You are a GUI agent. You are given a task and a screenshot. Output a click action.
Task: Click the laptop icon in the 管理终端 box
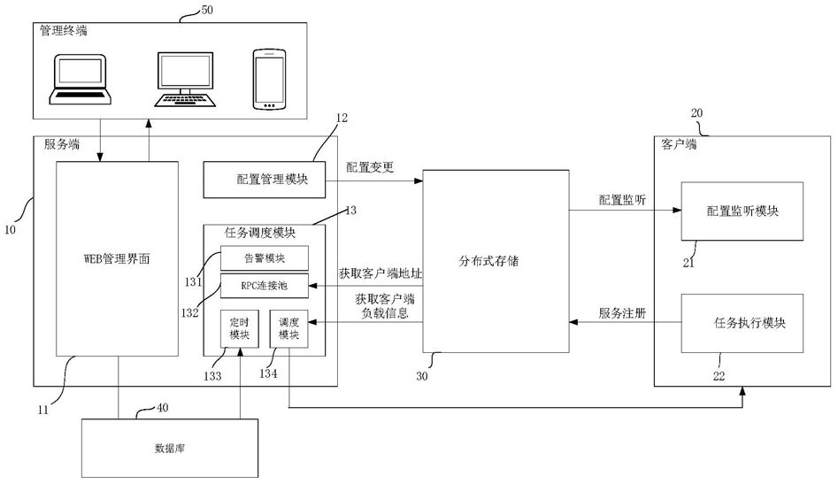click(81, 79)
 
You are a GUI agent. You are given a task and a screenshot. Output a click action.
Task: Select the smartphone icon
click(269, 80)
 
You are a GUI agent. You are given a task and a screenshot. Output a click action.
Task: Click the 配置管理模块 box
click(264, 180)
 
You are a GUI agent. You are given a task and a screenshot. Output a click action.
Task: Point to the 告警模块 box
click(264, 258)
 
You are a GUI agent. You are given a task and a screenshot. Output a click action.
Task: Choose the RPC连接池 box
click(264, 286)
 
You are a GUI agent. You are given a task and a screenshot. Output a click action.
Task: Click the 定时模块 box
click(240, 328)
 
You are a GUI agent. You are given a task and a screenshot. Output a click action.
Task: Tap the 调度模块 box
click(288, 328)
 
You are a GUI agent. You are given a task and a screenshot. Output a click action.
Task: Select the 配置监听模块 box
click(742, 211)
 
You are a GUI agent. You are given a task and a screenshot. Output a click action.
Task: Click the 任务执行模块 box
click(742, 323)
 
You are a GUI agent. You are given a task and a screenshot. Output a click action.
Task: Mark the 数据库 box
click(169, 448)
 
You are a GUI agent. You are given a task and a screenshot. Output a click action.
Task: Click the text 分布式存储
click(488, 261)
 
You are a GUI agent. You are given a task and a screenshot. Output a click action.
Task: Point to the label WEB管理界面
click(117, 259)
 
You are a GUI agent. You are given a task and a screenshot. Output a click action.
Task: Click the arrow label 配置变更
click(370, 167)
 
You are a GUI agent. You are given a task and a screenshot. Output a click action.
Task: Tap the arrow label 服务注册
click(622, 313)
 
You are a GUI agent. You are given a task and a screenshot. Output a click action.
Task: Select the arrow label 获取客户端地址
click(380, 273)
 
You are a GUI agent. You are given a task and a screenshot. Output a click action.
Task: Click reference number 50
click(206, 10)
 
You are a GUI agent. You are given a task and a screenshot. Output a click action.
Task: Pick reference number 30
click(422, 376)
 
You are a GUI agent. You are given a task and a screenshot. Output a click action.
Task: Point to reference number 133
click(212, 376)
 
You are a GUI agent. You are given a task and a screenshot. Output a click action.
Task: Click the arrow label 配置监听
click(622, 200)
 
